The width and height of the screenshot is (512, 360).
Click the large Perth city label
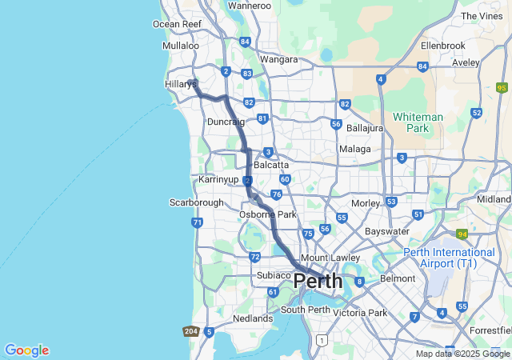[x=318, y=282]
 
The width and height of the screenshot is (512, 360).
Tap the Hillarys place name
[x=181, y=84]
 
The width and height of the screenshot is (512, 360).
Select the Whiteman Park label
[x=418, y=122]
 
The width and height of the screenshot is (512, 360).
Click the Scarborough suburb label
[x=196, y=202]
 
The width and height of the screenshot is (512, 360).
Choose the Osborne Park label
[x=268, y=214]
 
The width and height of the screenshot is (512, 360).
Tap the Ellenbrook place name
[x=442, y=46]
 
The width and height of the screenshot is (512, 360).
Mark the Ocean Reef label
[x=177, y=24]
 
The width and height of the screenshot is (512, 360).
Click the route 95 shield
[x=502, y=88]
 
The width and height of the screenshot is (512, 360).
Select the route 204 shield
[x=190, y=331]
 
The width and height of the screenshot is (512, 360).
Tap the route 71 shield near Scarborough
[x=197, y=222]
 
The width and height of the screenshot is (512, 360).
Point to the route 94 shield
[x=462, y=234]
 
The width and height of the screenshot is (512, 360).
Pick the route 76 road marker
[x=276, y=194]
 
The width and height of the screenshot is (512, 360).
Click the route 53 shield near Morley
[x=391, y=202]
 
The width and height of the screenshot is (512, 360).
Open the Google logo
[x=26, y=350]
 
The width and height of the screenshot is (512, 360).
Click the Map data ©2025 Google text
[x=462, y=354]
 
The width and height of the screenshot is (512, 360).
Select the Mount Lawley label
[x=325, y=258]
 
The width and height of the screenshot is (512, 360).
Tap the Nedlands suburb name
[x=252, y=318]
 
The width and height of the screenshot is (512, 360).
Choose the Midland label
[x=494, y=199]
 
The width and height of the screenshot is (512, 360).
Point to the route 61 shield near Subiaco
[x=272, y=292]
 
